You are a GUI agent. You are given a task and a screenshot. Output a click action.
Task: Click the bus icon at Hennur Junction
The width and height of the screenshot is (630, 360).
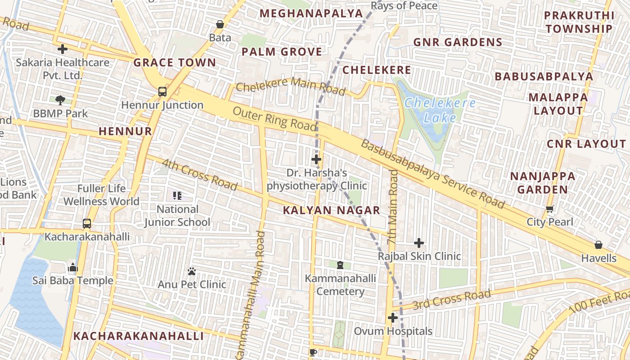[x=162, y=92]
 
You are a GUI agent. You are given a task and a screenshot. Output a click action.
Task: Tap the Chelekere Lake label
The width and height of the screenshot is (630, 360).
[x=440, y=110]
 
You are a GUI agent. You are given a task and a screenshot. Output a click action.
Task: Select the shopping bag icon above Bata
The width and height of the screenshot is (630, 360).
[x=220, y=24]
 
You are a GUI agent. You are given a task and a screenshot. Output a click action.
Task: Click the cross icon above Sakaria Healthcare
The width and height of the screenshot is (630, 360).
[x=63, y=49]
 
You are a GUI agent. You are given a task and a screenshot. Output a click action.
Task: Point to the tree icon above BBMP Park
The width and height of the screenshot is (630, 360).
[x=60, y=99]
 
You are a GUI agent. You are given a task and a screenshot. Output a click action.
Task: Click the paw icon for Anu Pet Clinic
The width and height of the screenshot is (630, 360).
[x=192, y=271]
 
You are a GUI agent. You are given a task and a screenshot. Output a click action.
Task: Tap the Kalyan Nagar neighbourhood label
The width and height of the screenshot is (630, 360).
[x=332, y=210]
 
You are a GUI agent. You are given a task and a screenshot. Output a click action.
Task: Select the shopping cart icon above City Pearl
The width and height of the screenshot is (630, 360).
[x=549, y=209]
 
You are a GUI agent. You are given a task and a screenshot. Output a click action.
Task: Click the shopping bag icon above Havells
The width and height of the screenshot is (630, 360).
[x=598, y=245]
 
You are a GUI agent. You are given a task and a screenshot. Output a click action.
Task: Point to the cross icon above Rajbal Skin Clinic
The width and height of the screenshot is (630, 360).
[x=419, y=243]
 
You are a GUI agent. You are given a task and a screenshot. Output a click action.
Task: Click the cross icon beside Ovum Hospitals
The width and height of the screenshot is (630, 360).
[x=393, y=318]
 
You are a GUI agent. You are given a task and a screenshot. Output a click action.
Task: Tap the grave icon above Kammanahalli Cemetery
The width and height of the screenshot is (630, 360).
[x=340, y=265]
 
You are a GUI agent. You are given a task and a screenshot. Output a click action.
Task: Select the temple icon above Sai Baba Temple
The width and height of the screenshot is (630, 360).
[x=73, y=268]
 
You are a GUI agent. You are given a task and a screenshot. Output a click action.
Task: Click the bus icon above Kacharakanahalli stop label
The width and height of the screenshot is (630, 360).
[x=86, y=223]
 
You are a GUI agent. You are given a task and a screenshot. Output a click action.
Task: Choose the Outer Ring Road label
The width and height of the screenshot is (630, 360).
[x=274, y=119]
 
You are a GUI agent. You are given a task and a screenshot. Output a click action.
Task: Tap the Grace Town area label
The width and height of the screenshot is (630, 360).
[x=175, y=63]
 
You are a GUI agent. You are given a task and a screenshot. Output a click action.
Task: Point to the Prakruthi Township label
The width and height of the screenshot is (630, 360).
[x=579, y=22]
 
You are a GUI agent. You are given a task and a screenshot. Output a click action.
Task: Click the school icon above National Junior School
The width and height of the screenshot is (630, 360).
[x=177, y=195]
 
